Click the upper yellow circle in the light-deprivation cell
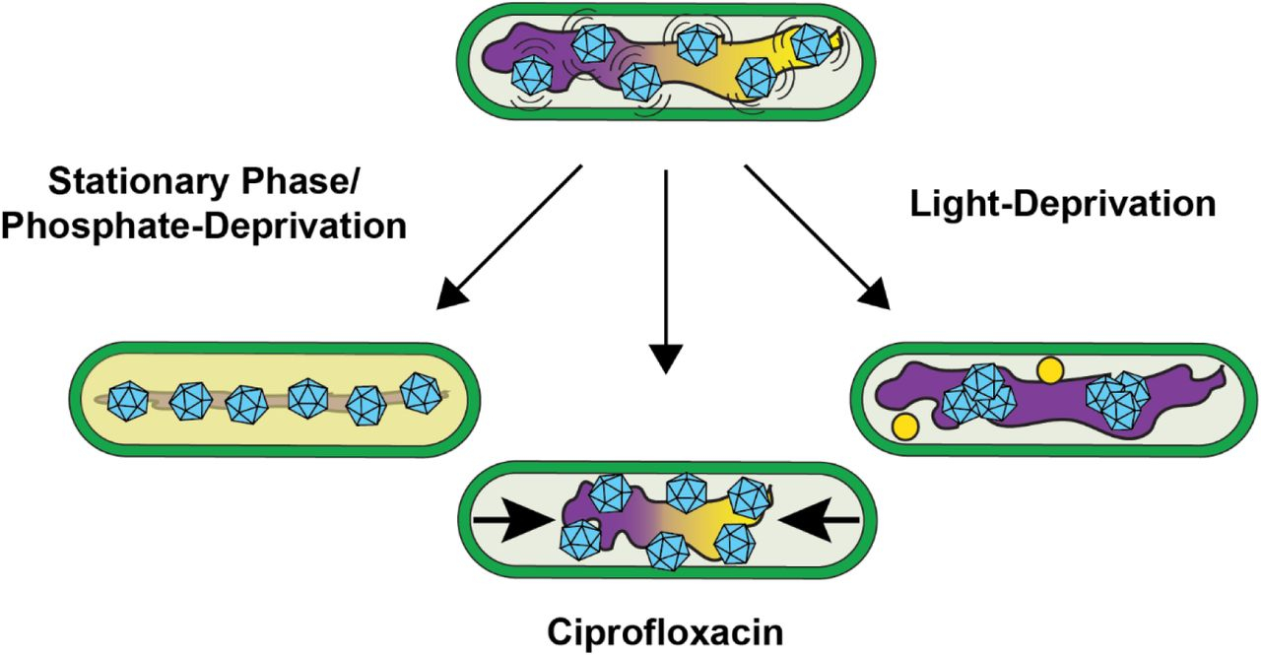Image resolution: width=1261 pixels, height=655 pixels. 1050,370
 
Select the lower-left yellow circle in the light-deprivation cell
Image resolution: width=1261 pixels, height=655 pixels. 904,426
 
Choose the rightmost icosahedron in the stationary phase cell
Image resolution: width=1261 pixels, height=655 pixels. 422,393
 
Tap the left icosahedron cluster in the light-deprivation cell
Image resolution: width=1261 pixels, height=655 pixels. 978,395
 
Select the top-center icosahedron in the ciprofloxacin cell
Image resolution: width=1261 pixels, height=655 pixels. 687,492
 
